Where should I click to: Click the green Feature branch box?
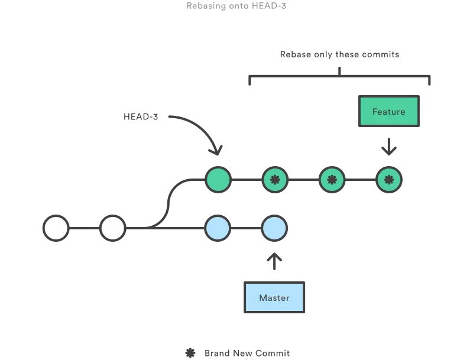click(389, 111)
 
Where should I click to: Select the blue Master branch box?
click(274, 297)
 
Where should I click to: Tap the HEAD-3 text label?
click(141, 116)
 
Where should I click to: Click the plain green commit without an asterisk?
click(218, 180)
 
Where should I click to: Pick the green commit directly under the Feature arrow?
click(389, 180)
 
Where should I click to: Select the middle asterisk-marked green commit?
click(332, 180)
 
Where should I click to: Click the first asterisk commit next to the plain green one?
click(275, 180)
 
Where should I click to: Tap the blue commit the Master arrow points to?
click(274, 228)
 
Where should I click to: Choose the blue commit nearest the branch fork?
click(218, 228)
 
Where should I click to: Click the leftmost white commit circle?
click(56, 228)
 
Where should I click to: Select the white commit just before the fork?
click(112, 228)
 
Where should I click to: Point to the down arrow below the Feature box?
click(389, 147)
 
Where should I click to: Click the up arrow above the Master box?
click(274, 261)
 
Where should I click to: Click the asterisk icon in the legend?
click(190, 353)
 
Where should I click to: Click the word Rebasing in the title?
click(206, 6)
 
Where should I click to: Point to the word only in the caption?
click(323, 54)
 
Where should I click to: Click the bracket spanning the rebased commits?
click(339, 76)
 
